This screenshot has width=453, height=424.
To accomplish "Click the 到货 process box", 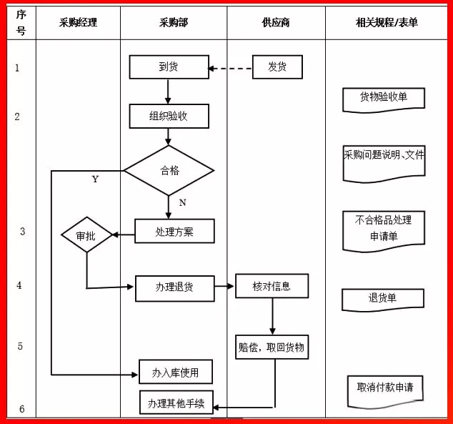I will coord(169,67).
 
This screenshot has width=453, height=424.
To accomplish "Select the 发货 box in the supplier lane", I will coord(277,67).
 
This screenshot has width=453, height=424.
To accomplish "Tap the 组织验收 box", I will coord(169,116).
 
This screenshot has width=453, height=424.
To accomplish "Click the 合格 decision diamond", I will coord(169,170).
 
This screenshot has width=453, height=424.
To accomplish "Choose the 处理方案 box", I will coord(174,231).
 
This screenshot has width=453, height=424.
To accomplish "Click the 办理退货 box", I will coord(174,288).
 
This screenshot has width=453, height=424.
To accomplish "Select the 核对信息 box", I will coord(272,286).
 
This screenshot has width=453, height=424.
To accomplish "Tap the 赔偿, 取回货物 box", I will coord(272,347).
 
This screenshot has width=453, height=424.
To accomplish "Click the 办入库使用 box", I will coord(175,372).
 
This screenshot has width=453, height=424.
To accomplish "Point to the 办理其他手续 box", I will coord(176,403).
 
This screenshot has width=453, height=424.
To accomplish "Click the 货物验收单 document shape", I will coord(384,98).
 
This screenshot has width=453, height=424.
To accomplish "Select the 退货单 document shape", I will coord(383,299).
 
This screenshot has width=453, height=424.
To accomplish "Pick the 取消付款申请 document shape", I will coord(385,387).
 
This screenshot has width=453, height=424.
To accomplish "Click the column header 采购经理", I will coord(78,22).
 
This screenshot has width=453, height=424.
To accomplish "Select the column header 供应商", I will coord(276,22).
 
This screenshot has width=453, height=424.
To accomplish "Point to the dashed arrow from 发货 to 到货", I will coord(231,69).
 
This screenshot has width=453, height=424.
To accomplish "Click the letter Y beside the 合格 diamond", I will coord(95,179).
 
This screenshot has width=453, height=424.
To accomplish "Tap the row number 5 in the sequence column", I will coord(20,346).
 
